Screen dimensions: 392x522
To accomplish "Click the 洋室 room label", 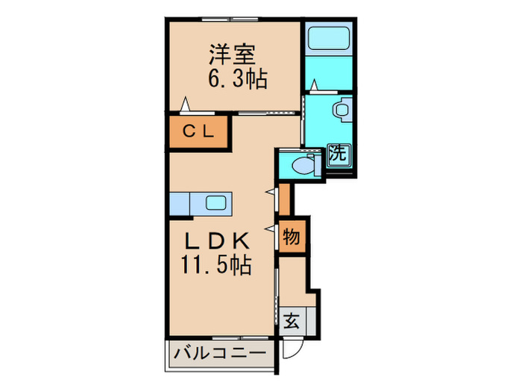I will pyautogui.click(x=232, y=54).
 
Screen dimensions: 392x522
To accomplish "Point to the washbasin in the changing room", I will pyautogui.click(x=343, y=110).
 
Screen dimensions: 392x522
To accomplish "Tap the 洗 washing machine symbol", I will pyautogui.click(x=339, y=155).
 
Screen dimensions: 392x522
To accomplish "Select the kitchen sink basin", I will pyautogui.click(x=217, y=202).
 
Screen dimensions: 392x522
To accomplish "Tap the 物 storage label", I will pyautogui.click(x=291, y=238).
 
